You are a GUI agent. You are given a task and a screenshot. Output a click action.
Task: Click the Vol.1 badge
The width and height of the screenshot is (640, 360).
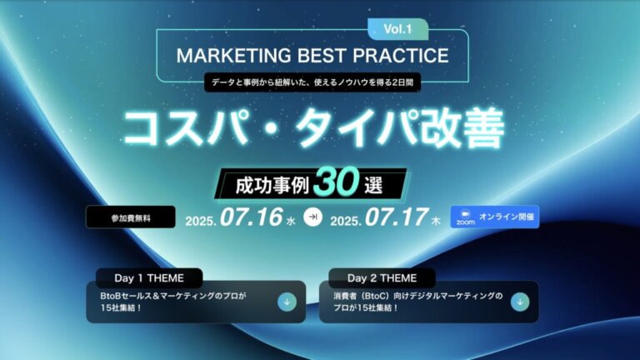pos(398,29)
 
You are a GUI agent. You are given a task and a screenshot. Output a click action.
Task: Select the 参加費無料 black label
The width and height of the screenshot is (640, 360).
pos(131,217)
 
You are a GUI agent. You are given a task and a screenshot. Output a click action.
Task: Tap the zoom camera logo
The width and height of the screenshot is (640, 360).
pos(464,217)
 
